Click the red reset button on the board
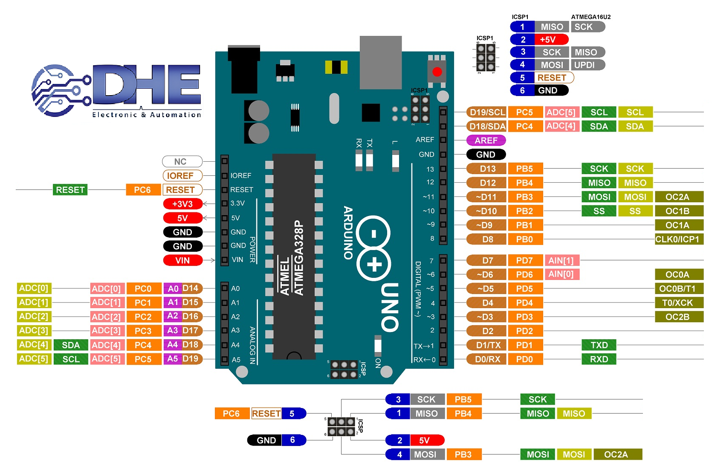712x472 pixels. click(x=437, y=72)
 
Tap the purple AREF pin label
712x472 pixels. click(x=486, y=140)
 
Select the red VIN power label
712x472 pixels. click(x=182, y=260)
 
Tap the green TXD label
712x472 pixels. click(x=599, y=345)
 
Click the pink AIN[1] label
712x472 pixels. click(x=561, y=260)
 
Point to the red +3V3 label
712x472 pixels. click(x=182, y=204)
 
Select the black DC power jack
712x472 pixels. click(x=244, y=68)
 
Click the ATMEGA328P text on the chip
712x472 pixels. click(x=299, y=258)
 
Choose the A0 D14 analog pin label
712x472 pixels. click(x=183, y=288)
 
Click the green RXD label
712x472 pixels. click(x=599, y=359)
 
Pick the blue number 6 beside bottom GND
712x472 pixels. click(x=293, y=440)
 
